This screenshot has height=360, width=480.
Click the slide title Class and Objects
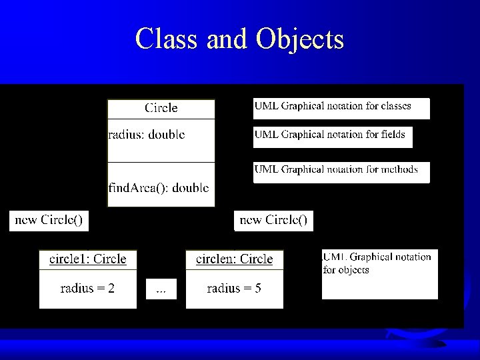click(239, 39)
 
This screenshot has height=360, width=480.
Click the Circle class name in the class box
click(161, 108)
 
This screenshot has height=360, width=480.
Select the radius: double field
click(147, 135)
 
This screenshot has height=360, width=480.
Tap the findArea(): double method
click(159, 187)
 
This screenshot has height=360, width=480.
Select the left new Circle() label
click(49, 220)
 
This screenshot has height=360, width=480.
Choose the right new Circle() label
click(273, 220)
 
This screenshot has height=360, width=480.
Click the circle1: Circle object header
click(87, 259)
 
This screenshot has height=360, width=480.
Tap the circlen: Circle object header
click(234, 259)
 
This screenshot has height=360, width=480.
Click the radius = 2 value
click(87, 288)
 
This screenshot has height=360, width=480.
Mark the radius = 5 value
click(234, 288)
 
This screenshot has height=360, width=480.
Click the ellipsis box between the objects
click(161, 289)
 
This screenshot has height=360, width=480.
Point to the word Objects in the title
click(299, 39)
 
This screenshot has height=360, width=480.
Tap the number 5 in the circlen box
click(258, 288)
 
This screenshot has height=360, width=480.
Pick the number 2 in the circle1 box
click(111, 288)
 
